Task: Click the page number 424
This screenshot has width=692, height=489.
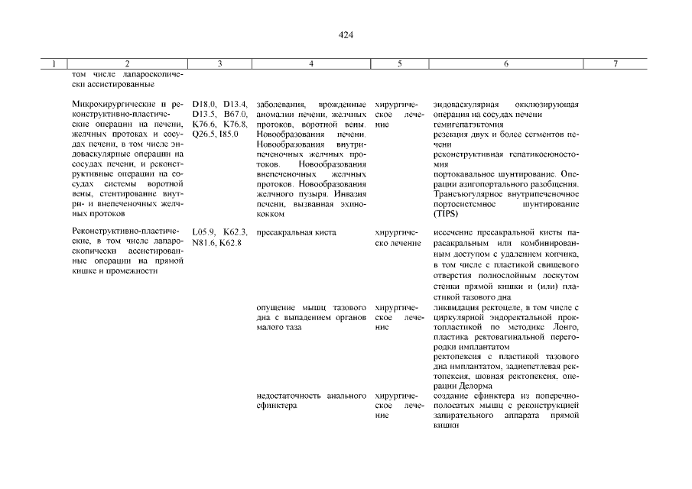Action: point(345,35)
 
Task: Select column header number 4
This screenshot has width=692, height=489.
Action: point(310,65)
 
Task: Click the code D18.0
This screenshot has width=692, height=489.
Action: point(204,104)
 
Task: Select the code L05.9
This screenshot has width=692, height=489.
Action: point(204,232)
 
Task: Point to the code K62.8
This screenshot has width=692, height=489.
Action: point(230,243)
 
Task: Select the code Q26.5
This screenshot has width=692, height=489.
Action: point(204,134)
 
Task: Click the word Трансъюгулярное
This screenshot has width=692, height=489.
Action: point(469,193)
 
